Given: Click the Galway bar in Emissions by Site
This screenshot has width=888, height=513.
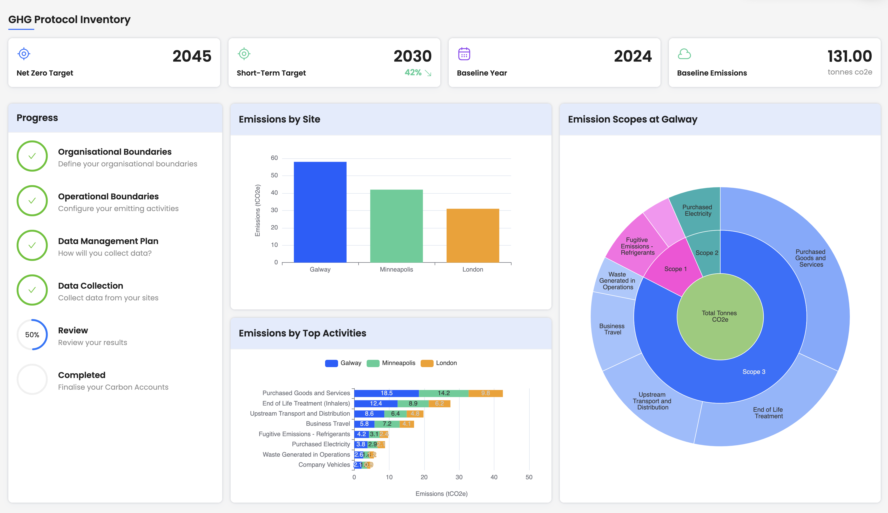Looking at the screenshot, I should [x=320, y=212].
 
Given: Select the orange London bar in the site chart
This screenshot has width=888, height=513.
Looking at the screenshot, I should [x=473, y=235].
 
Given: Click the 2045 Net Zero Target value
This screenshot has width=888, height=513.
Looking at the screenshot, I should [x=192, y=56].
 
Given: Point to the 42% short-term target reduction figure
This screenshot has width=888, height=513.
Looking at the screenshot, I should [x=413, y=73].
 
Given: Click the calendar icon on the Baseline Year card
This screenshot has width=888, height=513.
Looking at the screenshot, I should [x=464, y=54].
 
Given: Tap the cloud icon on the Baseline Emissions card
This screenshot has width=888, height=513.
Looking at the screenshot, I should [x=684, y=54].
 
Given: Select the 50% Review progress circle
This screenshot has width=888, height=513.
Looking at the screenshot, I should [x=32, y=334].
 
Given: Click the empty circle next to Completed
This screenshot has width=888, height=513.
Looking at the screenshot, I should [x=32, y=379].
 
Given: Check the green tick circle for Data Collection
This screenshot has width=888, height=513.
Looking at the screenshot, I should [x=32, y=290].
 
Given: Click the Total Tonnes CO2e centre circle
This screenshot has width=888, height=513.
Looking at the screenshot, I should [x=720, y=316].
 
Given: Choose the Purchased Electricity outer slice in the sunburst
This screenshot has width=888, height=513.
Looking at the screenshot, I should [x=697, y=210].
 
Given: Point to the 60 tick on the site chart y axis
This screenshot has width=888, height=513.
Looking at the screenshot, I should [x=274, y=158].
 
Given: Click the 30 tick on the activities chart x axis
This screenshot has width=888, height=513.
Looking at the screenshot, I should [x=459, y=477].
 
